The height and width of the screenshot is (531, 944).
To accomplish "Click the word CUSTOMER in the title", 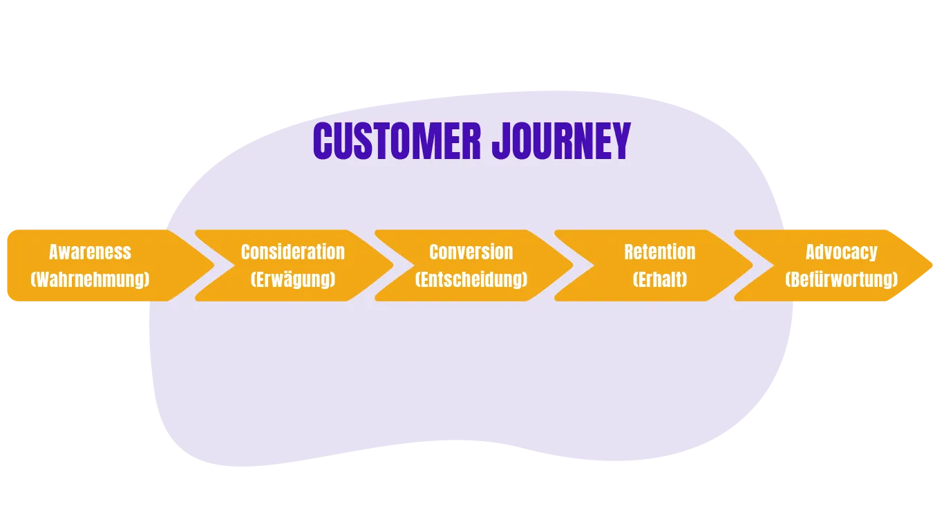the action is [x=397, y=141].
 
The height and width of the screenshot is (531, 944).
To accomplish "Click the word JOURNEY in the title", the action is [x=562, y=141].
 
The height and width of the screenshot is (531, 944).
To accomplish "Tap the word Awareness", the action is [x=91, y=252].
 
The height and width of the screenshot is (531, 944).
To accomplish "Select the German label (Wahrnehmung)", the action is [x=91, y=279].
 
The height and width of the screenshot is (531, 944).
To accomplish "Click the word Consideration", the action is [x=293, y=252].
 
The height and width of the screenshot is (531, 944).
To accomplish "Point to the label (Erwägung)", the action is [x=293, y=279].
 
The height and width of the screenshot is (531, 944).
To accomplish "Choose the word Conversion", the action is [x=471, y=252].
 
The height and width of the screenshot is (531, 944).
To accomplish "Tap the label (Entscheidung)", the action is [x=471, y=279].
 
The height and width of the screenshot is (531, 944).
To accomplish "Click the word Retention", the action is [x=660, y=252].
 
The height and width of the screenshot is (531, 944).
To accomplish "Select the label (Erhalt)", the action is [x=660, y=279].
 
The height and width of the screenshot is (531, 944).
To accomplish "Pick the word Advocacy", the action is [x=842, y=252].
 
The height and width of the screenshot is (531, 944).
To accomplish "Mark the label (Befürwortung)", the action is [x=842, y=279].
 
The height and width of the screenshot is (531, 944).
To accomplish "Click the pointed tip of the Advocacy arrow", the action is [x=932, y=265].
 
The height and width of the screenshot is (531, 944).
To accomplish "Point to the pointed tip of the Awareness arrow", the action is [x=214, y=265].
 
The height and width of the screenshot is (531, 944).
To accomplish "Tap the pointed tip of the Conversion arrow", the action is [x=573, y=265].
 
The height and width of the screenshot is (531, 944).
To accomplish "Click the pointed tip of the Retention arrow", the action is [x=753, y=265].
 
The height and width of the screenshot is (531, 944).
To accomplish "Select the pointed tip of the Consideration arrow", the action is [x=393, y=265].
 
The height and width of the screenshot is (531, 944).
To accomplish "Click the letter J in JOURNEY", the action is [x=500, y=141].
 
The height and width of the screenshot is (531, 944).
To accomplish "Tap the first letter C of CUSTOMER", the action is [x=323, y=141].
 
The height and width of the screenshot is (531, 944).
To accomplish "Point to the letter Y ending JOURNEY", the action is [x=621, y=141].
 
